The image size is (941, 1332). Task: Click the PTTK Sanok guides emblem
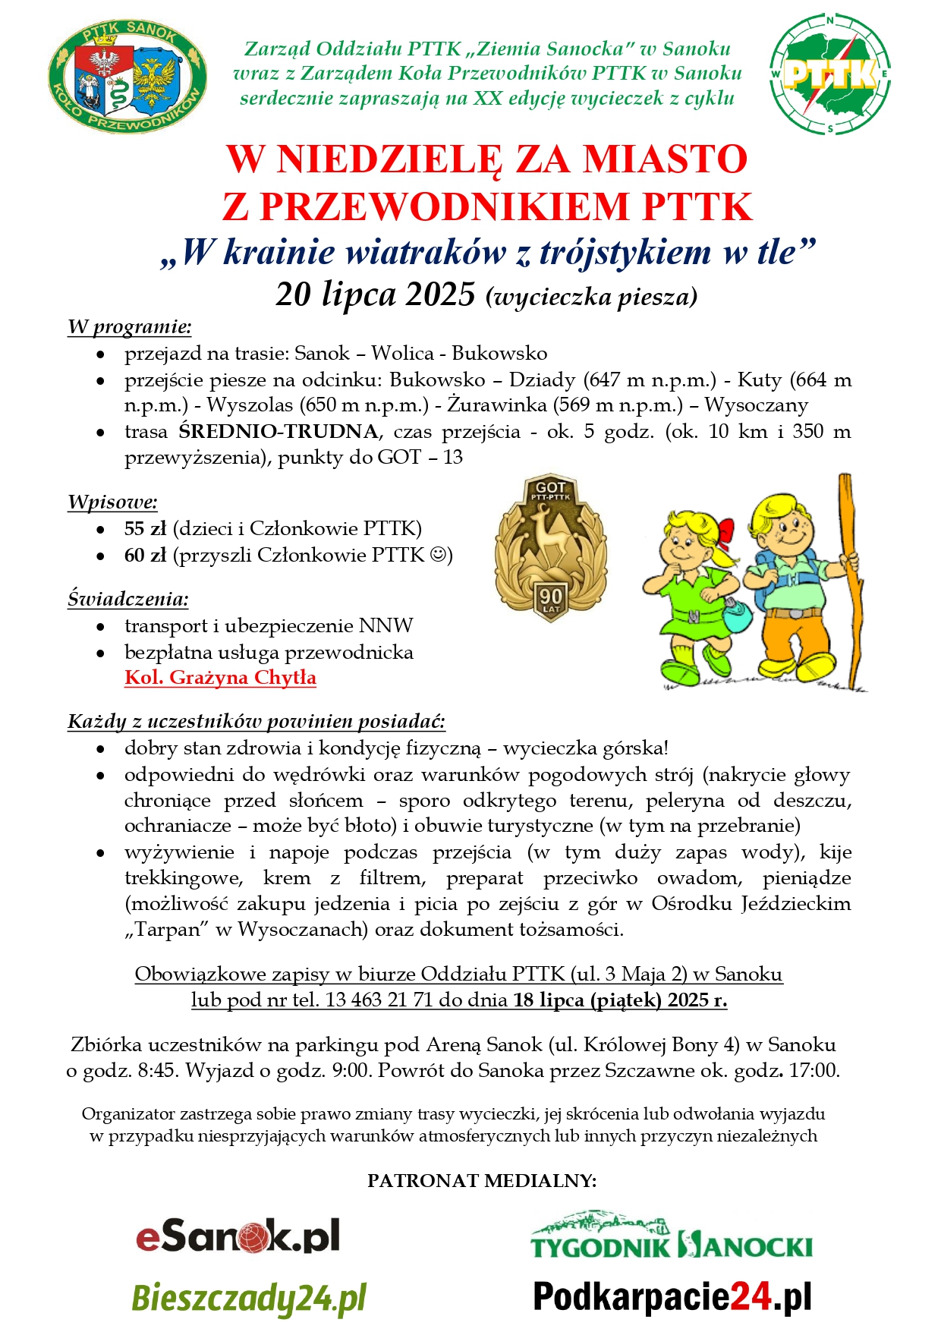tap(127, 77)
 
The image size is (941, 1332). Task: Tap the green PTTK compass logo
tap(830, 74)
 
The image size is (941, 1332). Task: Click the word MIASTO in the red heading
tap(665, 159)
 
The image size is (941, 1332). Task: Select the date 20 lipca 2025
tap(375, 294)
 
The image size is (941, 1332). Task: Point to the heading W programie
tap(129, 327)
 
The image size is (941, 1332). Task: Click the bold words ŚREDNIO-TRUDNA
tap(278, 432)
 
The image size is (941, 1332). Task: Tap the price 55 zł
tap(145, 528)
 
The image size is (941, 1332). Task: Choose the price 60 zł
tap(145, 555)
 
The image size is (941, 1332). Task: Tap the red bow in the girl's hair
tap(725, 531)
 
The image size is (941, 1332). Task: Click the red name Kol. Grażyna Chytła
tap(220, 678)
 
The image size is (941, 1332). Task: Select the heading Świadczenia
tap(127, 599)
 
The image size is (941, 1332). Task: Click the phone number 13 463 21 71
tap(379, 1000)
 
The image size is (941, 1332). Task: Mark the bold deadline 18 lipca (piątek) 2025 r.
tap(620, 1000)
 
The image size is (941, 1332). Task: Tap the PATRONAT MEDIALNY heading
tap(482, 1180)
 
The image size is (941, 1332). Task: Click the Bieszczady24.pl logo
tap(249, 1299)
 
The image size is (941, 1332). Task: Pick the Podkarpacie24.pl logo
tap(672, 1297)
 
